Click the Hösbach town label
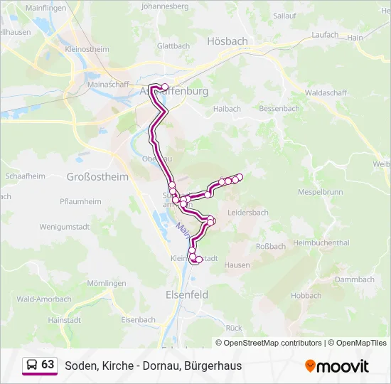[x=226, y=41]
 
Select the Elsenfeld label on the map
[x=186, y=294]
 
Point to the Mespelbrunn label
[x=321, y=193]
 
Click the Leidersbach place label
[x=248, y=213]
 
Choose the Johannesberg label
[x=165, y=6]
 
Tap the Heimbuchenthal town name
[x=321, y=242]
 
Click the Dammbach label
[x=354, y=279]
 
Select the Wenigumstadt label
[x=65, y=226]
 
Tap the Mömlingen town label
[x=102, y=283]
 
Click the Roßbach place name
[x=271, y=247]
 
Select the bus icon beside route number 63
[x=32, y=365]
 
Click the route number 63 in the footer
[x=48, y=365]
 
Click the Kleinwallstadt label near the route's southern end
[x=195, y=258]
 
